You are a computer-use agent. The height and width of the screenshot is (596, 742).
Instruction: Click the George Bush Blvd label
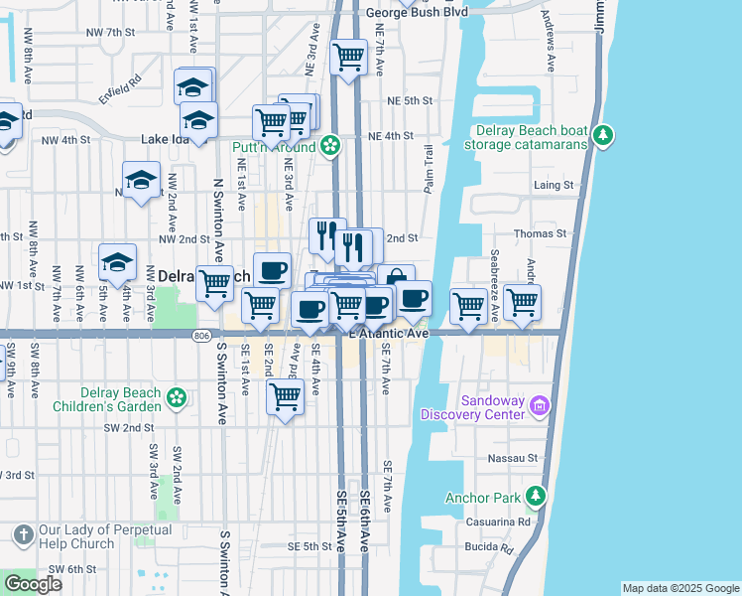416,13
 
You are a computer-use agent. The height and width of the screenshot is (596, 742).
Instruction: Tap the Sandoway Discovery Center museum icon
540,404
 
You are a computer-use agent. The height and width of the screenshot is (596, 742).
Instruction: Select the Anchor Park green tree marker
536,494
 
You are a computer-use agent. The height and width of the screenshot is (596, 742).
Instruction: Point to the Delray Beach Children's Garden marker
177,398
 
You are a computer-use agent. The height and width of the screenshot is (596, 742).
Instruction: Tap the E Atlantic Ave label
388,334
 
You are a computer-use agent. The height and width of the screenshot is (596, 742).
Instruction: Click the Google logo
33,584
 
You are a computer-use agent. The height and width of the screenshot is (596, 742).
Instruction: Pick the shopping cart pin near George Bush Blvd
348,58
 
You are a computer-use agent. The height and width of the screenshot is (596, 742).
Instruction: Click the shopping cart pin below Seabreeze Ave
522,301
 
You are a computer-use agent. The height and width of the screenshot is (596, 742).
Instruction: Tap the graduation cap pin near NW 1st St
117,262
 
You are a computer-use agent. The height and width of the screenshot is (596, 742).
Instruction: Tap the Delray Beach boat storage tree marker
601,136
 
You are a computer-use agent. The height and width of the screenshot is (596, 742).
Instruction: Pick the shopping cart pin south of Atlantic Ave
286,397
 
